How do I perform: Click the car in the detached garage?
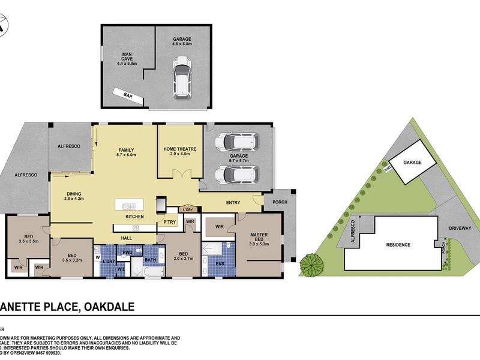pos(181,77)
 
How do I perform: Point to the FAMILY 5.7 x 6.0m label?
pos(126,152)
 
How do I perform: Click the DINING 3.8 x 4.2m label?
pos(74,196)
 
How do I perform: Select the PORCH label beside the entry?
pos(280,202)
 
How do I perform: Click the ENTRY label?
pos(234,203)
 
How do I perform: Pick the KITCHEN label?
pos(133,217)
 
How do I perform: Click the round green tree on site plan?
pos(311,263)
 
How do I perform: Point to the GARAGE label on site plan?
pos(412,163)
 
